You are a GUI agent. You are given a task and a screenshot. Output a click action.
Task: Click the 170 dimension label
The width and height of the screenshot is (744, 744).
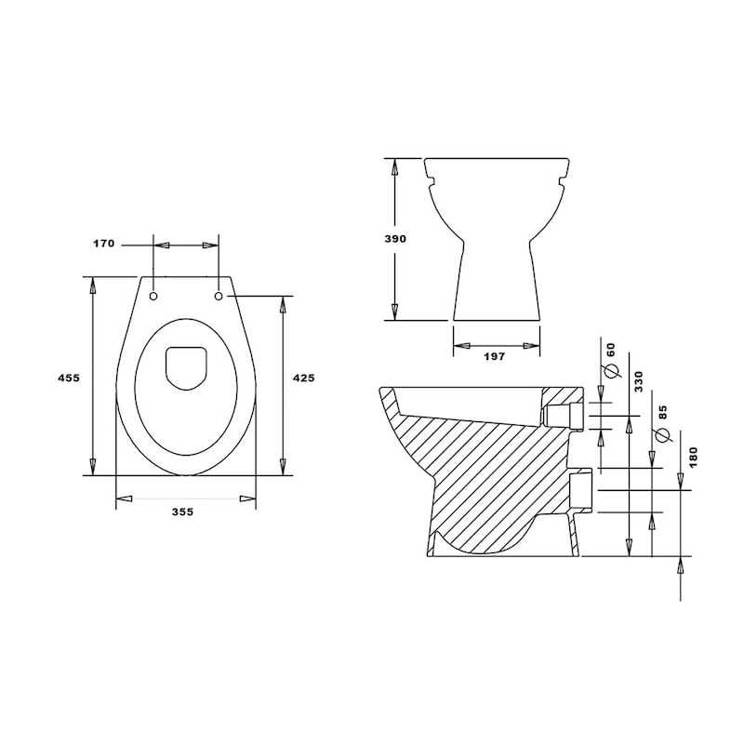point(103,244)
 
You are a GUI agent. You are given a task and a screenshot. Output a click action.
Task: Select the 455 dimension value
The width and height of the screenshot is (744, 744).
point(69,378)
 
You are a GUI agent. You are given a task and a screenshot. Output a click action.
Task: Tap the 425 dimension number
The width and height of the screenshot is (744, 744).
point(303,378)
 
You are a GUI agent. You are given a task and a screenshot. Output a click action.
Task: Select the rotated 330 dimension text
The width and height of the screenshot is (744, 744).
point(639,381)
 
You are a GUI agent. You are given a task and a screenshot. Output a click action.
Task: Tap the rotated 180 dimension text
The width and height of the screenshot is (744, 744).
point(693,457)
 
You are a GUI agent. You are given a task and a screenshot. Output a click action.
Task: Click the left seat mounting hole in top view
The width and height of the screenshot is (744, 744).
point(153,297)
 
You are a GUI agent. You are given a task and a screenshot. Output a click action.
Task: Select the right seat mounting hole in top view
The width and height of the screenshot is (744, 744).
point(219,297)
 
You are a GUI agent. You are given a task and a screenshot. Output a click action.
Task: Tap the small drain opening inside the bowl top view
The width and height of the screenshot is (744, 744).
point(185,367)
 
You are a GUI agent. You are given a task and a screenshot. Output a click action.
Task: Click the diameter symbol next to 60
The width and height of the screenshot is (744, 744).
point(611,371)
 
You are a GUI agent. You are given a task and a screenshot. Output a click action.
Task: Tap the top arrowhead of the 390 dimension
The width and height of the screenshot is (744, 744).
point(394,167)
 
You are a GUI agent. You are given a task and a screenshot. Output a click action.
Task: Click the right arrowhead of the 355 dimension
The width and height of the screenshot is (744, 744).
point(247,499)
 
